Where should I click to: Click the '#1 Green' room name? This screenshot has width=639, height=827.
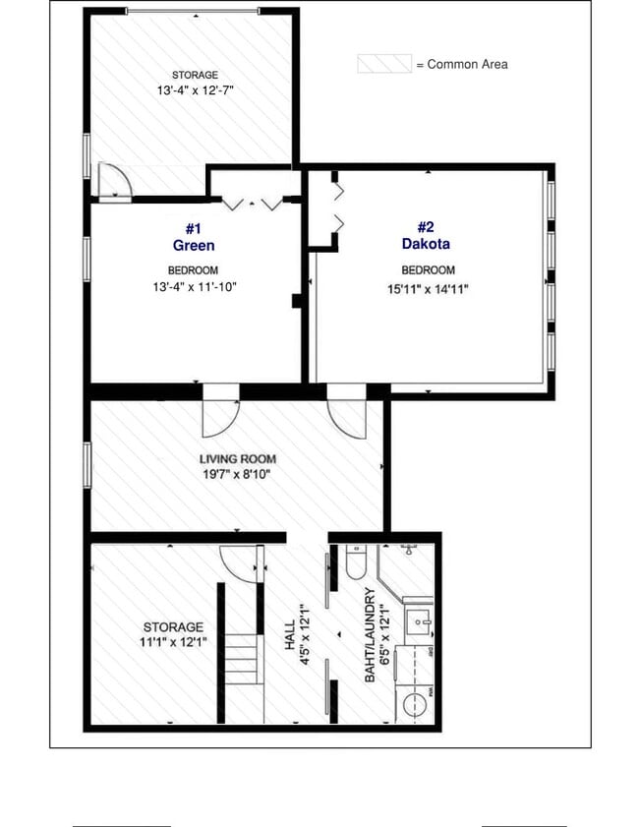click(193, 237)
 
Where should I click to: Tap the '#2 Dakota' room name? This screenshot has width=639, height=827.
click(426, 236)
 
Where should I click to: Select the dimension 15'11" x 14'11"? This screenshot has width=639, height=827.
click(427, 289)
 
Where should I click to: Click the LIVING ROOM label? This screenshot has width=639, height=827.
click(238, 458)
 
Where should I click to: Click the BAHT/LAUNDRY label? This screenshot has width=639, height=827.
click(370, 634)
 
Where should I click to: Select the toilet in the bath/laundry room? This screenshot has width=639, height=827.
click(356, 565)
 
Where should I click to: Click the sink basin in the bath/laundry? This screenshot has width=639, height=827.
click(422, 620)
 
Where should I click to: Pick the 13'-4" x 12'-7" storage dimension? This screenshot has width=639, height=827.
click(195, 90)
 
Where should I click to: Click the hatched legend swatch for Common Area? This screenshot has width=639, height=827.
click(383, 64)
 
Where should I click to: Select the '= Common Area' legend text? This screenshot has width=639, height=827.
click(461, 64)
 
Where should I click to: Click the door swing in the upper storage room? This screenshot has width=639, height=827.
click(113, 180)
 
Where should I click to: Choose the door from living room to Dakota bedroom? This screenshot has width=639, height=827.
click(348, 415)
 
